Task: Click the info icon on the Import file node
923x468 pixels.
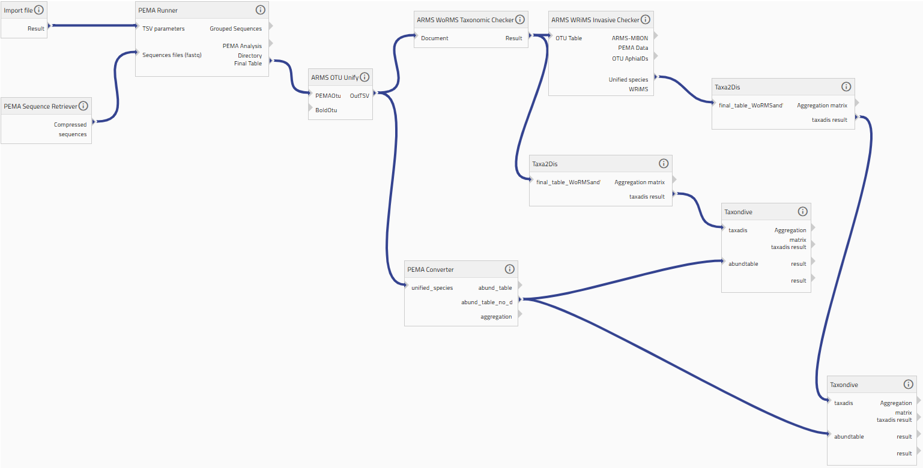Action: coord(38,10)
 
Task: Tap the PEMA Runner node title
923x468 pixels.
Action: coord(158,10)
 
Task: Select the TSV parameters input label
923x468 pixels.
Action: coord(163,28)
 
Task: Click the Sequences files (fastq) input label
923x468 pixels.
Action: coord(172,55)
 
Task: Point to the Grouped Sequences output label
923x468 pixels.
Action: coord(235,28)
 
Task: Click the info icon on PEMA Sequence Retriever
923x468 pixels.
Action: coord(83,106)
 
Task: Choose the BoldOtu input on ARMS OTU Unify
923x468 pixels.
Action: coord(326,110)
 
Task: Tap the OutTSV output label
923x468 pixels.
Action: coord(359,95)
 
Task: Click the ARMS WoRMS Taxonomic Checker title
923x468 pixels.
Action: coord(465,20)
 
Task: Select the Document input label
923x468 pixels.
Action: coord(435,38)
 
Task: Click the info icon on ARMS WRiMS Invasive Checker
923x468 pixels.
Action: coord(646,19)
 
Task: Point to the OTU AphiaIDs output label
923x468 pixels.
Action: coord(630,58)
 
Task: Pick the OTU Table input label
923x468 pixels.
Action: coord(569,38)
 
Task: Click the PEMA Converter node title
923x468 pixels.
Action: coord(430,269)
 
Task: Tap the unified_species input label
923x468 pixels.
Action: coord(432,288)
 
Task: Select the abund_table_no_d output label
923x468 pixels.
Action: coord(486,302)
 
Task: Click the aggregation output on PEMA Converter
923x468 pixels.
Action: coord(496,317)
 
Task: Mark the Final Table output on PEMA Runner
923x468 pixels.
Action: coord(248,64)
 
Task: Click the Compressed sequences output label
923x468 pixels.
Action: coord(70,129)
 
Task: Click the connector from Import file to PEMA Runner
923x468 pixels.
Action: coord(93,26)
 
